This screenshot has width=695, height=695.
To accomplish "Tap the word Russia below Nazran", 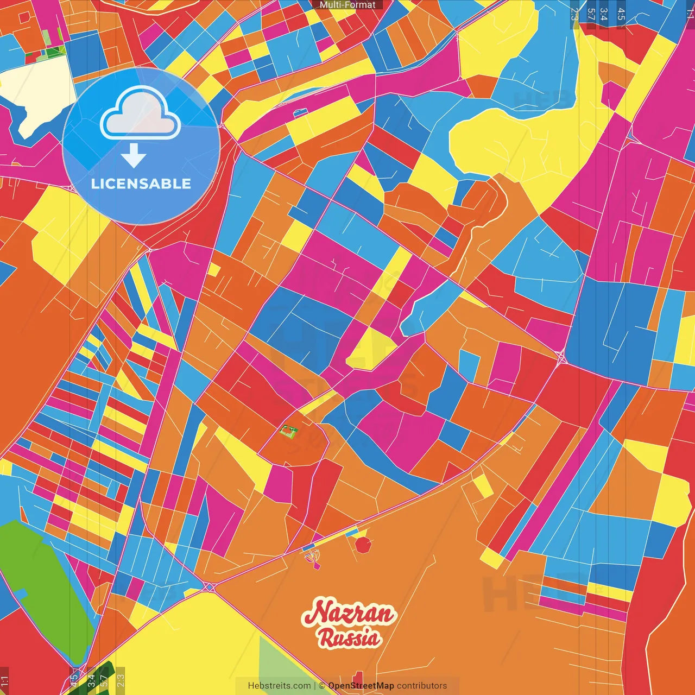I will [349, 638].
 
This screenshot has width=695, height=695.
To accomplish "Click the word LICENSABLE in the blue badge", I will [141, 184].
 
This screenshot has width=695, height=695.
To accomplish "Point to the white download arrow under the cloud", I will [134, 156].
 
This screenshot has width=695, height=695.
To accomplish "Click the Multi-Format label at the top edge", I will [347, 5].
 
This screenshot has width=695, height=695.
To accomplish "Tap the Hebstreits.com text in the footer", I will [279, 686].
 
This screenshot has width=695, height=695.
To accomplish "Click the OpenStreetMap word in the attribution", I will [361, 686].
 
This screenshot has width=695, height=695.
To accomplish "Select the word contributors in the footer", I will [422, 686].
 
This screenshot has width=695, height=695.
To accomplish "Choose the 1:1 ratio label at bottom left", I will [5, 681].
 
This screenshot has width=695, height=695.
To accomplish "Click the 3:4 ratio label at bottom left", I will [91, 680].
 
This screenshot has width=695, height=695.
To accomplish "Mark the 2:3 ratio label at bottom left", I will [120, 680].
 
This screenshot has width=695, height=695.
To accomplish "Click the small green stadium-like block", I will [288, 432].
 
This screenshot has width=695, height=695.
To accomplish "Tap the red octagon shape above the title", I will [363, 545].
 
